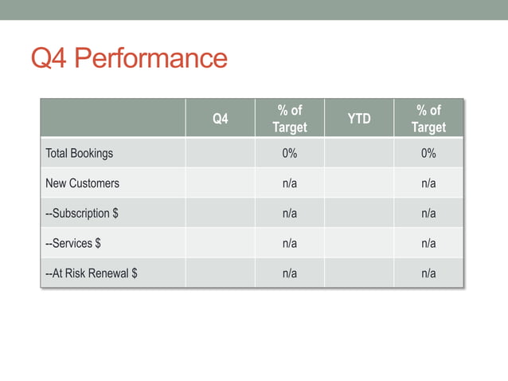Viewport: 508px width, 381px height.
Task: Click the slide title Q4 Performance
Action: (129, 58)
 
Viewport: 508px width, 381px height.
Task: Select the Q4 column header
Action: (220, 119)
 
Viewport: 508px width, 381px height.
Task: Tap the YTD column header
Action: (359, 119)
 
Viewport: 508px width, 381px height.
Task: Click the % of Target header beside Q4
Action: (290, 119)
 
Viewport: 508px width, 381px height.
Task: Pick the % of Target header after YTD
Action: (428, 119)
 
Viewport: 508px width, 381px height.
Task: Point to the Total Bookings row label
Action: (80, 153)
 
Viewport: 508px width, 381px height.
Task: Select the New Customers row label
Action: (83, 183)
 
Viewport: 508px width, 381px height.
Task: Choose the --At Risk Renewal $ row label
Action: (92, 273)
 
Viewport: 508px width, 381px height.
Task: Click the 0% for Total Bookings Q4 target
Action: (290, 153)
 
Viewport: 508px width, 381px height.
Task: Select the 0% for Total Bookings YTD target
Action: (428, 153)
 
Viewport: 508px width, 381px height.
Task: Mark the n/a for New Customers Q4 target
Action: (290, 183)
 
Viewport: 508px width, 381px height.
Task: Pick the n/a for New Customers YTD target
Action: (428, 183)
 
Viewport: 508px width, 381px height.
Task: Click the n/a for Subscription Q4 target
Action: (290, 214)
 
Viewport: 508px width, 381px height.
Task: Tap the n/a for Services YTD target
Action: (428, 243)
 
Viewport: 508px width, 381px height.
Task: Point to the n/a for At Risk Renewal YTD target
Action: (428, 273)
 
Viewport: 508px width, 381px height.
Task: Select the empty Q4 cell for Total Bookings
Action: (220, 153)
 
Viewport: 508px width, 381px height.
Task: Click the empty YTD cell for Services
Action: (359, 243)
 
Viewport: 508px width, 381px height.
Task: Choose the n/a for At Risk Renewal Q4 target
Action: (290, 273)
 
